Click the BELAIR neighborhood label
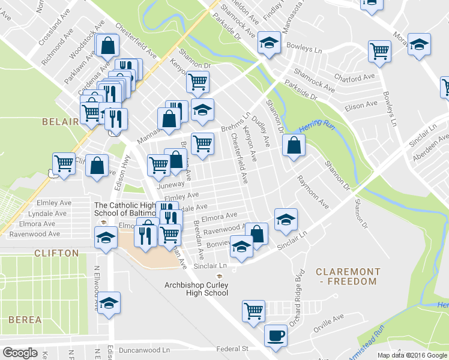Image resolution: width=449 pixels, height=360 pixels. coord(60,122)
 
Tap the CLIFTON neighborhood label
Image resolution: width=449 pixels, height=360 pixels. coord(56,253)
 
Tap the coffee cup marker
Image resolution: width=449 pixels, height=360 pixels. coord(276,336)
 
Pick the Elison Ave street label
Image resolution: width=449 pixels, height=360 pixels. coord(361,104)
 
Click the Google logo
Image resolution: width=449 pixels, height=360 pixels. coord(20,353)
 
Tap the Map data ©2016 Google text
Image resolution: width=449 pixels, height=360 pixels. coord(412,355)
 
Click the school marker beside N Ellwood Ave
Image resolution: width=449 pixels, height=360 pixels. coord(109,303)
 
